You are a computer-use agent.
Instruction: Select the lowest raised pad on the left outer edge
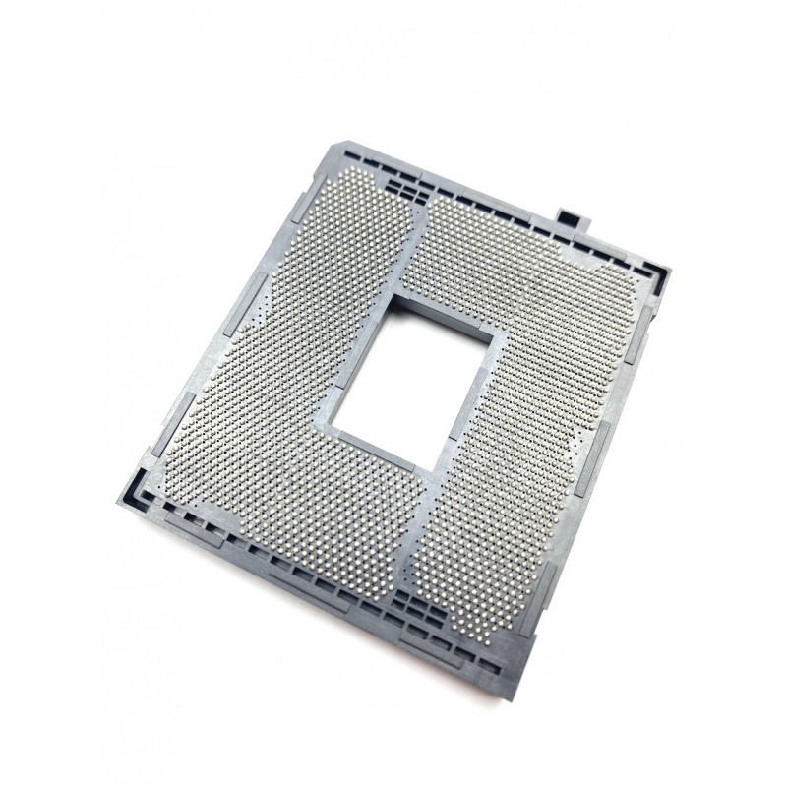[x=148, y=462]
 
